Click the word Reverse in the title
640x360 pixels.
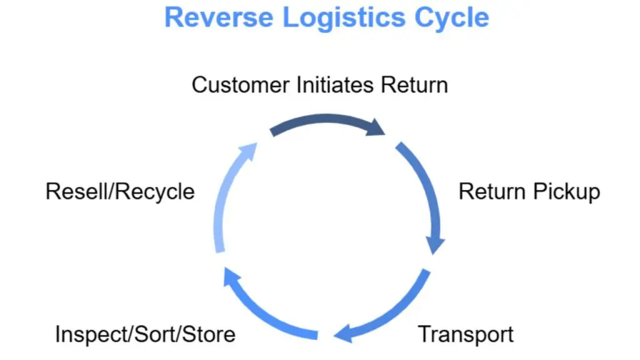(x=219, y=17)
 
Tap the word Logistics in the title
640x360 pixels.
(x=344, y=18)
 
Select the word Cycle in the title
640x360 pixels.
(x=452, y=18)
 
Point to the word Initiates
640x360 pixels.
(x=335, y=85)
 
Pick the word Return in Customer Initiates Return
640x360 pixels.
(x=414, y=85)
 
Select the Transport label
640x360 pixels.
(x=466, y=335)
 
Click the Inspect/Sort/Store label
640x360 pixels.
(x=145, y=334)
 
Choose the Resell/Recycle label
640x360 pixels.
(x=120, y=192)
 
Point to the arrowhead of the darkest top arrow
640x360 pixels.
(x=376, y=127)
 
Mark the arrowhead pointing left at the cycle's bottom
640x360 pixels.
(x=344, y=334)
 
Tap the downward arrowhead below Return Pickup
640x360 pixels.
(x=435, y=245)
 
